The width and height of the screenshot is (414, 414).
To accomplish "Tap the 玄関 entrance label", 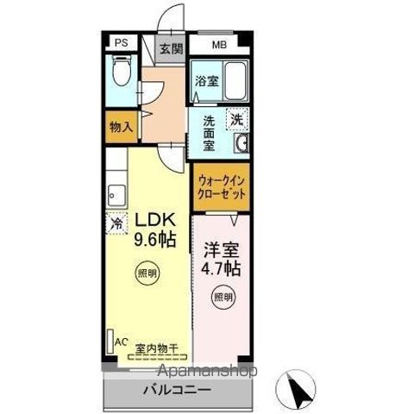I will (169, 48).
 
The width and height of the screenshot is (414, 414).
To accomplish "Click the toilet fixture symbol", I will (121, 72).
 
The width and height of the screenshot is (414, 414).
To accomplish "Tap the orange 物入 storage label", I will (121, 127).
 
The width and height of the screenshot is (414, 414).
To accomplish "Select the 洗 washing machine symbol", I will (235, 119).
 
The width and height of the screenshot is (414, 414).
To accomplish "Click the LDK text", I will (153, 220).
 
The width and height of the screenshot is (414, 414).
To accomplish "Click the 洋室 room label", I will (222, 250).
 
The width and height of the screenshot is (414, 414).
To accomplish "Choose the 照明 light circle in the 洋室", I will (223, 298).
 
